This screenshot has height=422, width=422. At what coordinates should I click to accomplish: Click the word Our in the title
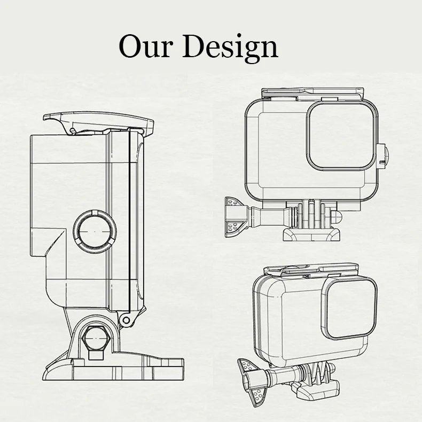click(x=145, y=46)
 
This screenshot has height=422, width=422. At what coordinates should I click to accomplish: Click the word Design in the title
click(x=230, y=48)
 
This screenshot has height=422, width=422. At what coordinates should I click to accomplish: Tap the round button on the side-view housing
click(x=95, y=231)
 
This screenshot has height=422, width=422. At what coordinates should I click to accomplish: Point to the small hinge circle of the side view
click(x=126, y=321)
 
